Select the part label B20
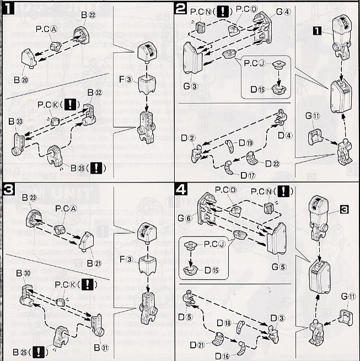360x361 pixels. pos(22,80)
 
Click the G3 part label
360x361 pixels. pos(190,87)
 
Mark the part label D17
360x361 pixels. pos(247,175)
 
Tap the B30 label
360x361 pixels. pos(23,273)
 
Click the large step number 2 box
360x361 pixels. pos(181,8)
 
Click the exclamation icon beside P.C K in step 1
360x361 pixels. pos(71,104)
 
